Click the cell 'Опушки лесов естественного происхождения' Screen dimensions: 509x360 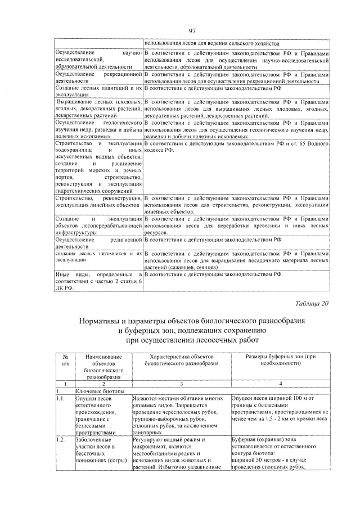point(96,415)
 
